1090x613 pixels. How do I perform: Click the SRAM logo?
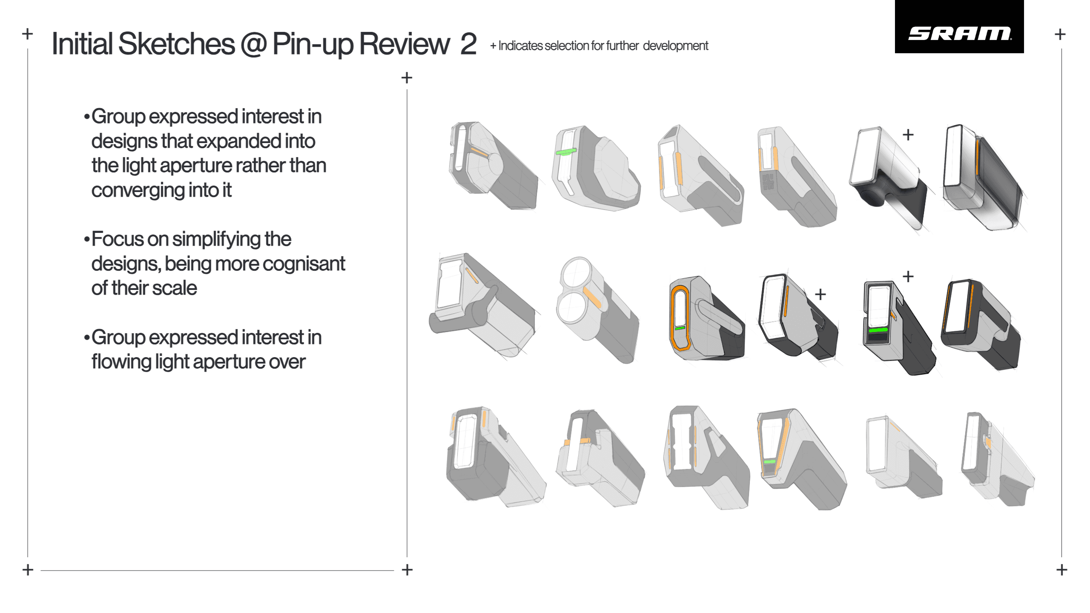(959, 33)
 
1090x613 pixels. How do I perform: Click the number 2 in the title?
(468, 44)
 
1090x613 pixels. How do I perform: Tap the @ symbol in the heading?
(253, 44)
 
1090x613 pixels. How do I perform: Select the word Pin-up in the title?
(313, 44)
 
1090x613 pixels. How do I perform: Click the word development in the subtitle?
(675, 46)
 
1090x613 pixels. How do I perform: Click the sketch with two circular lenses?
(596, 309)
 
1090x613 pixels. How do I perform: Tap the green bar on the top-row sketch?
(566, 152)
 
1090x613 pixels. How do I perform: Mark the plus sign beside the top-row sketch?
(908, 135)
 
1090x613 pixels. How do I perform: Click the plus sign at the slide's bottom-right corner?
(1062, 570)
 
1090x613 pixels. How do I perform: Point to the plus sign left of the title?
(28, 34)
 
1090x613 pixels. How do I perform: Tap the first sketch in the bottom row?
(494, 458)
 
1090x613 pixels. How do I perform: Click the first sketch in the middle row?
(483, 306)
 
